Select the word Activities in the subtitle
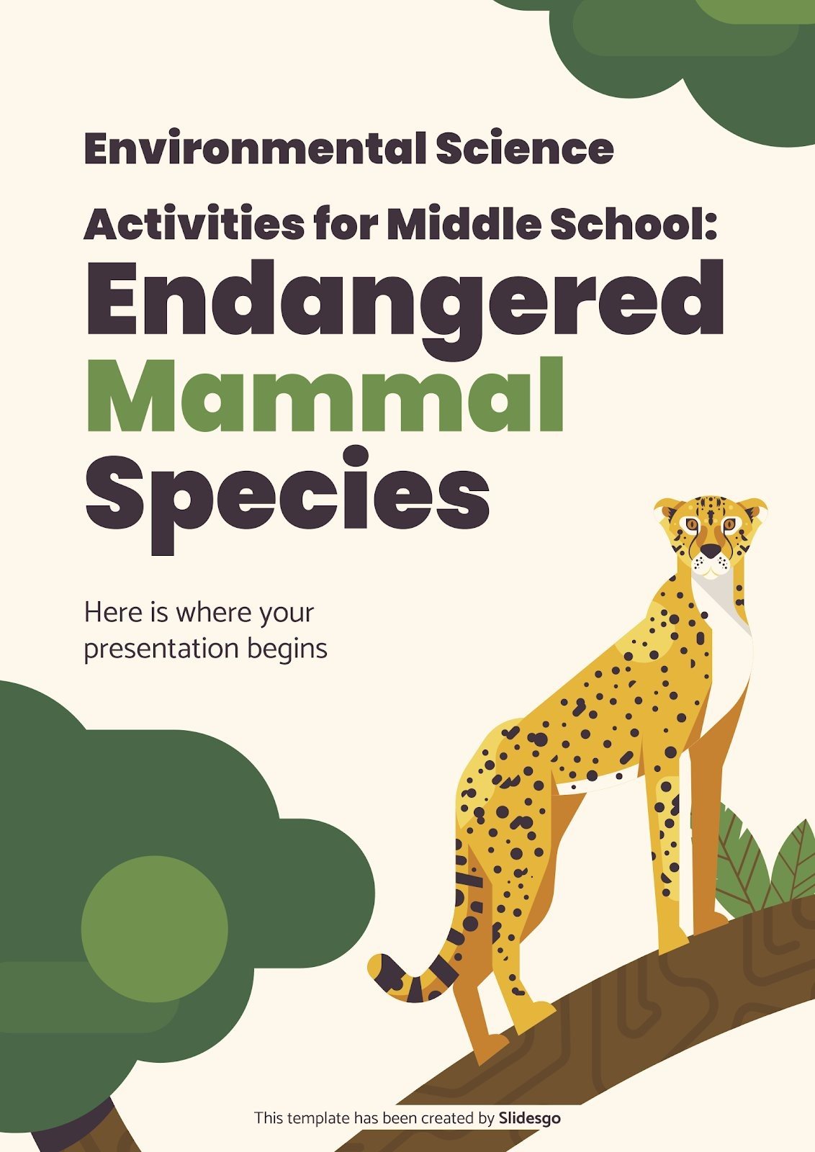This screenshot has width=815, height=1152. coord(194,225)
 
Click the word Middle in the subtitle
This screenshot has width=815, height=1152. coord(464,225)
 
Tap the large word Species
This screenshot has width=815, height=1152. coord(287,490)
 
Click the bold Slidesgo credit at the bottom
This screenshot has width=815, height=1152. coord(529,1118)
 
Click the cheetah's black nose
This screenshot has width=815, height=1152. coord(711,551)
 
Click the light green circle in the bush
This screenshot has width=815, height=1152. coord(154,929)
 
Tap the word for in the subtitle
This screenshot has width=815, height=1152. coord(345,225)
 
